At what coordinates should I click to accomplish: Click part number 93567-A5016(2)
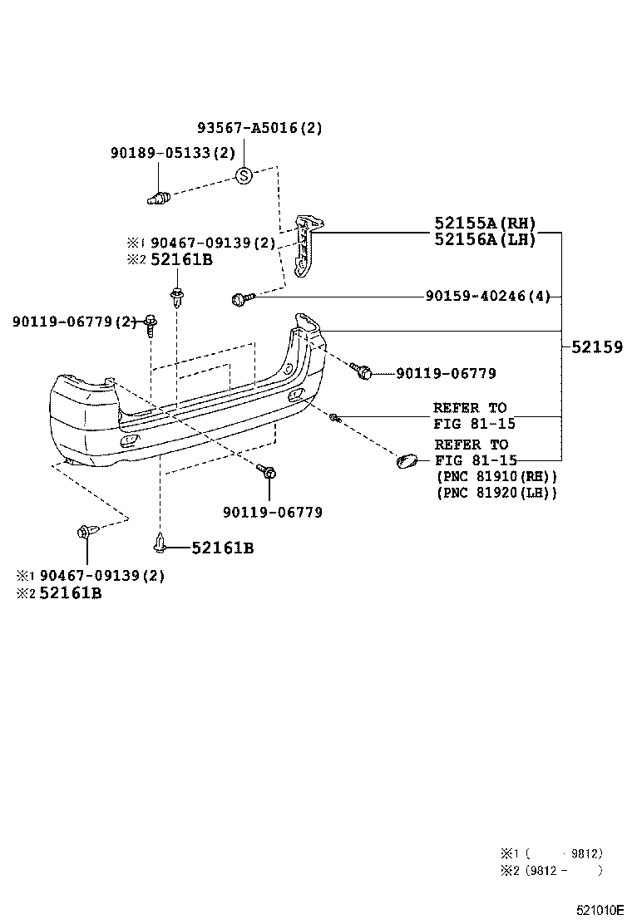coord(259,128)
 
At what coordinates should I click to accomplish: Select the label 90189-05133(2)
coord(173,153)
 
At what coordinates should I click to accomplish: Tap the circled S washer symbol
coord(244,176)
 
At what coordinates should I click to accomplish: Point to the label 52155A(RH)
coord(485,224)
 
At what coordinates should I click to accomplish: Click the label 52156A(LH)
coord(485,239)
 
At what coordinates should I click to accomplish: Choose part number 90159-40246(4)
coord(487,296)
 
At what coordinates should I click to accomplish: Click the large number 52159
coord(596,347)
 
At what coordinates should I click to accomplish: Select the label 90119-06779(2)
coord(74,322)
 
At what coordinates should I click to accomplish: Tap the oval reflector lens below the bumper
coord(409,460)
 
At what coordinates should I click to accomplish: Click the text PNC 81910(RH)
coord(496,477)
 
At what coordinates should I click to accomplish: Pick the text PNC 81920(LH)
coord(496,493)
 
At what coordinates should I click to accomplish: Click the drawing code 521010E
coord(600,911)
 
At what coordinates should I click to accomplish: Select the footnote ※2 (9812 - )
coord(551,871)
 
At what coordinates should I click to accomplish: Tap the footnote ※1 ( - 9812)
coord(551,853)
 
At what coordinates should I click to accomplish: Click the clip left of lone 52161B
coord(160,544)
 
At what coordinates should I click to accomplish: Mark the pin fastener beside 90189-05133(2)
coord(158,198)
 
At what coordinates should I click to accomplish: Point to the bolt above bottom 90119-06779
coord(268,472)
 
